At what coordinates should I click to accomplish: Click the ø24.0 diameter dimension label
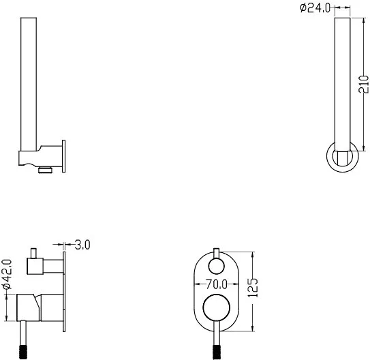315,7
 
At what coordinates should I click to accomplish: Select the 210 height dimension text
363,85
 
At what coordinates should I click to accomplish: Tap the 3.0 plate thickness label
82,245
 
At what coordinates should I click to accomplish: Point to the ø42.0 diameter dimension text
7,274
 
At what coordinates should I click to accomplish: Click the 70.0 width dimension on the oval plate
217,284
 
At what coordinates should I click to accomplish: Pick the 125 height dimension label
253,288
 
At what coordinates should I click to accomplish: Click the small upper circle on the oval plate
217,266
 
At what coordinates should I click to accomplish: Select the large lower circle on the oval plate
216,307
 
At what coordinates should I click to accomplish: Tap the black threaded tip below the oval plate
217,352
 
